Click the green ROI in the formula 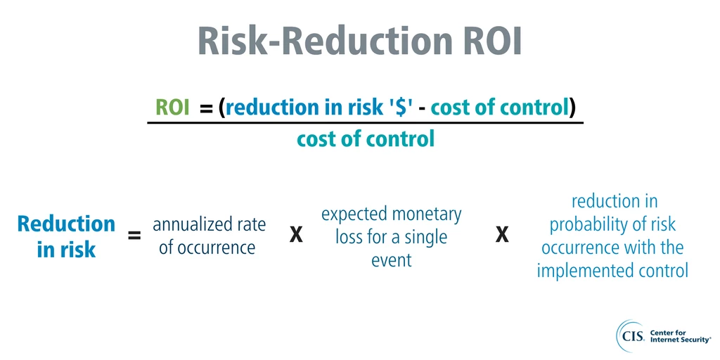(172, 108)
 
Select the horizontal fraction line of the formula (365, 123)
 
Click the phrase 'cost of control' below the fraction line (365, 139)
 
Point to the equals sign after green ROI (207, 108)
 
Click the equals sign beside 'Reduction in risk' (134, 236)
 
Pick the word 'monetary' (427, 214)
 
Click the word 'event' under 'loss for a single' (392, 260)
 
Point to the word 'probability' (612, 225)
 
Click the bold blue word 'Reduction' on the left (66, 224)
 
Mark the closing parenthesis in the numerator (573, 108)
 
